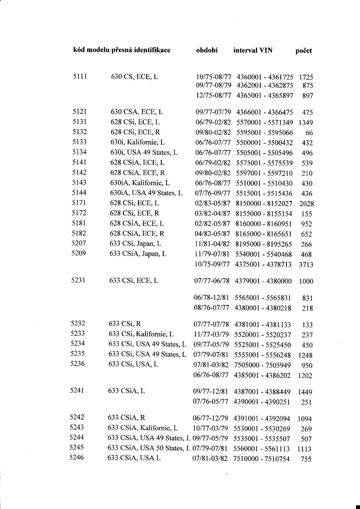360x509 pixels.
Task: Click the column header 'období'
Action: pos(207,50)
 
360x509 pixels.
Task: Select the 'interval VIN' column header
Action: pos(253,50)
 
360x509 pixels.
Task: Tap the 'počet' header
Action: pos(304,51)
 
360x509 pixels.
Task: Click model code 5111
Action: pos(80,77)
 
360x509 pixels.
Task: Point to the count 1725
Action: pos(306,77)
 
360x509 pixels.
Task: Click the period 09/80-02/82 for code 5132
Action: pos(213,132)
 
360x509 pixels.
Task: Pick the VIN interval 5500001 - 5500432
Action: pos(265,143)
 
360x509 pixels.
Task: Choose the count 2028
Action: pos(307,204)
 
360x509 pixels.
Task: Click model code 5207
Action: pos(79,243)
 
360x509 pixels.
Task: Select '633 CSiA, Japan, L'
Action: pos(138,254)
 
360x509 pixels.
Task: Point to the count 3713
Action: pos(306,265)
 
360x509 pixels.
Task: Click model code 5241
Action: pos(77,390)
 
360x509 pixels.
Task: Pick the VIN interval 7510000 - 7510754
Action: pos(261,458)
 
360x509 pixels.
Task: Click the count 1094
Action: pos(305,419)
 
